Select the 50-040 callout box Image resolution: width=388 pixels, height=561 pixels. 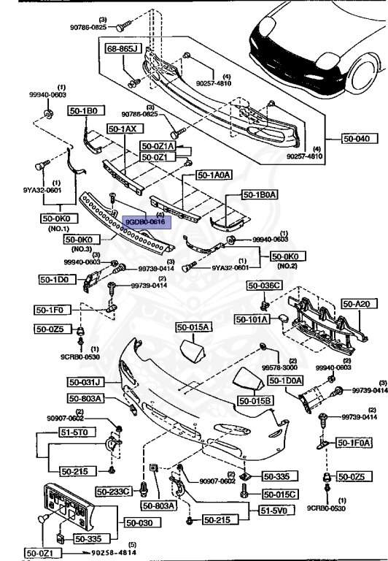[x=357, y=137]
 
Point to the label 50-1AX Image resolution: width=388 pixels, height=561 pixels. [x=123, y=128]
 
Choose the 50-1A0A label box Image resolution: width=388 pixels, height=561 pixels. [x=214, y=175]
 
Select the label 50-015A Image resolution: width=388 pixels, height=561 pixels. [x=192, y=327]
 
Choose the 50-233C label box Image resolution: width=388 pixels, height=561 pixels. [x=115, y=491]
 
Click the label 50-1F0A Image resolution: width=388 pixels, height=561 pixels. [x=353, y=442]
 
